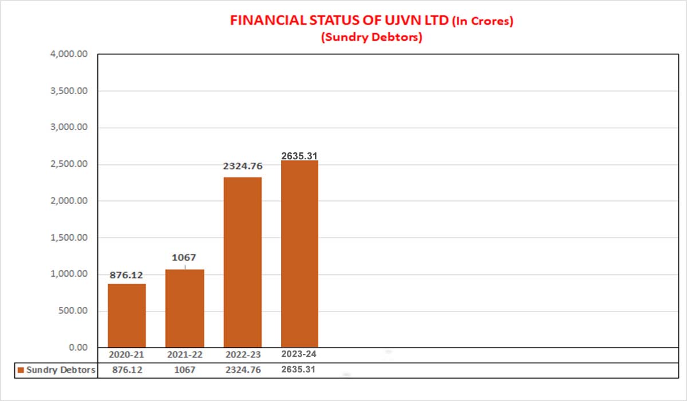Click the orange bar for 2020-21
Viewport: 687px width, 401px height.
point(127,316)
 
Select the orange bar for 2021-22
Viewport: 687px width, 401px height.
point(184,308)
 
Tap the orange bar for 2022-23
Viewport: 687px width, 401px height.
point(242,262)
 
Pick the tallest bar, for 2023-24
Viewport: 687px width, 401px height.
point(299,254)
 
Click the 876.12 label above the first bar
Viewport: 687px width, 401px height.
point(127,275)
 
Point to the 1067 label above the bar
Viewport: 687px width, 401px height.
point(184,258)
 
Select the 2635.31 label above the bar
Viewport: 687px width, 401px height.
point(299,155)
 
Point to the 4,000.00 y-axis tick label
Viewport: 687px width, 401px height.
point(69,54)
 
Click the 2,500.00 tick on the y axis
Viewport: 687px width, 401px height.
point(69,164)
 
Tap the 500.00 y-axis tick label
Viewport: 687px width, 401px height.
point(73,311)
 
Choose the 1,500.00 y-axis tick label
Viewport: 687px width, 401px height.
point(69,238)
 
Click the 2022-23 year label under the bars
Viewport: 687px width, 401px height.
point(242,355)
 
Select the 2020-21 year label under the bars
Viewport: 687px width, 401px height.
point(127,355)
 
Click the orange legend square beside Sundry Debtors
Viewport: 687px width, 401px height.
point(21,370)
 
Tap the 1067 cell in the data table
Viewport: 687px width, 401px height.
point(184,370)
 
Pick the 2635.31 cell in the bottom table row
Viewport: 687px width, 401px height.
point(299,369)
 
